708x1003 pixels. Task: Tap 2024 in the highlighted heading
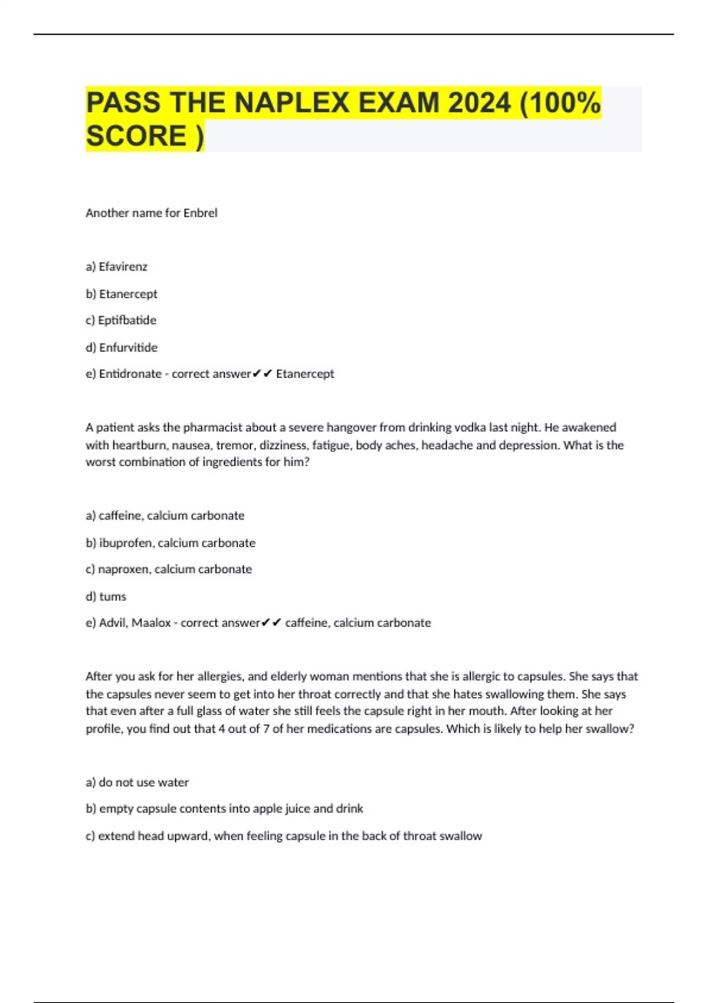[x=479, y=103]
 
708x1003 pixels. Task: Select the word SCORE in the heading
[x=136, y=136]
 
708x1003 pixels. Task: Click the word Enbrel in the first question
[x=200, y=213]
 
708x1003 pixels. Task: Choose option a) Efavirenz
[x=117, y=267]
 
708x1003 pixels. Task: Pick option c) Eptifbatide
[x=121, y=320]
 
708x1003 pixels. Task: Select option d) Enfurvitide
[x=122, y=348]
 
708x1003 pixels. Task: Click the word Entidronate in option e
[x=130, y=374]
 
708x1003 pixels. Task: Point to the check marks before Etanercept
[x=262, y=374]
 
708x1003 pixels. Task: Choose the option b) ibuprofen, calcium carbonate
[x=171, y=543]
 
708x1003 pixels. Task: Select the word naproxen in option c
[x=123, y=569]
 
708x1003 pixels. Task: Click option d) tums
[x=106, y=596]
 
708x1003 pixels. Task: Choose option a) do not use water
[x=137, y=782]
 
